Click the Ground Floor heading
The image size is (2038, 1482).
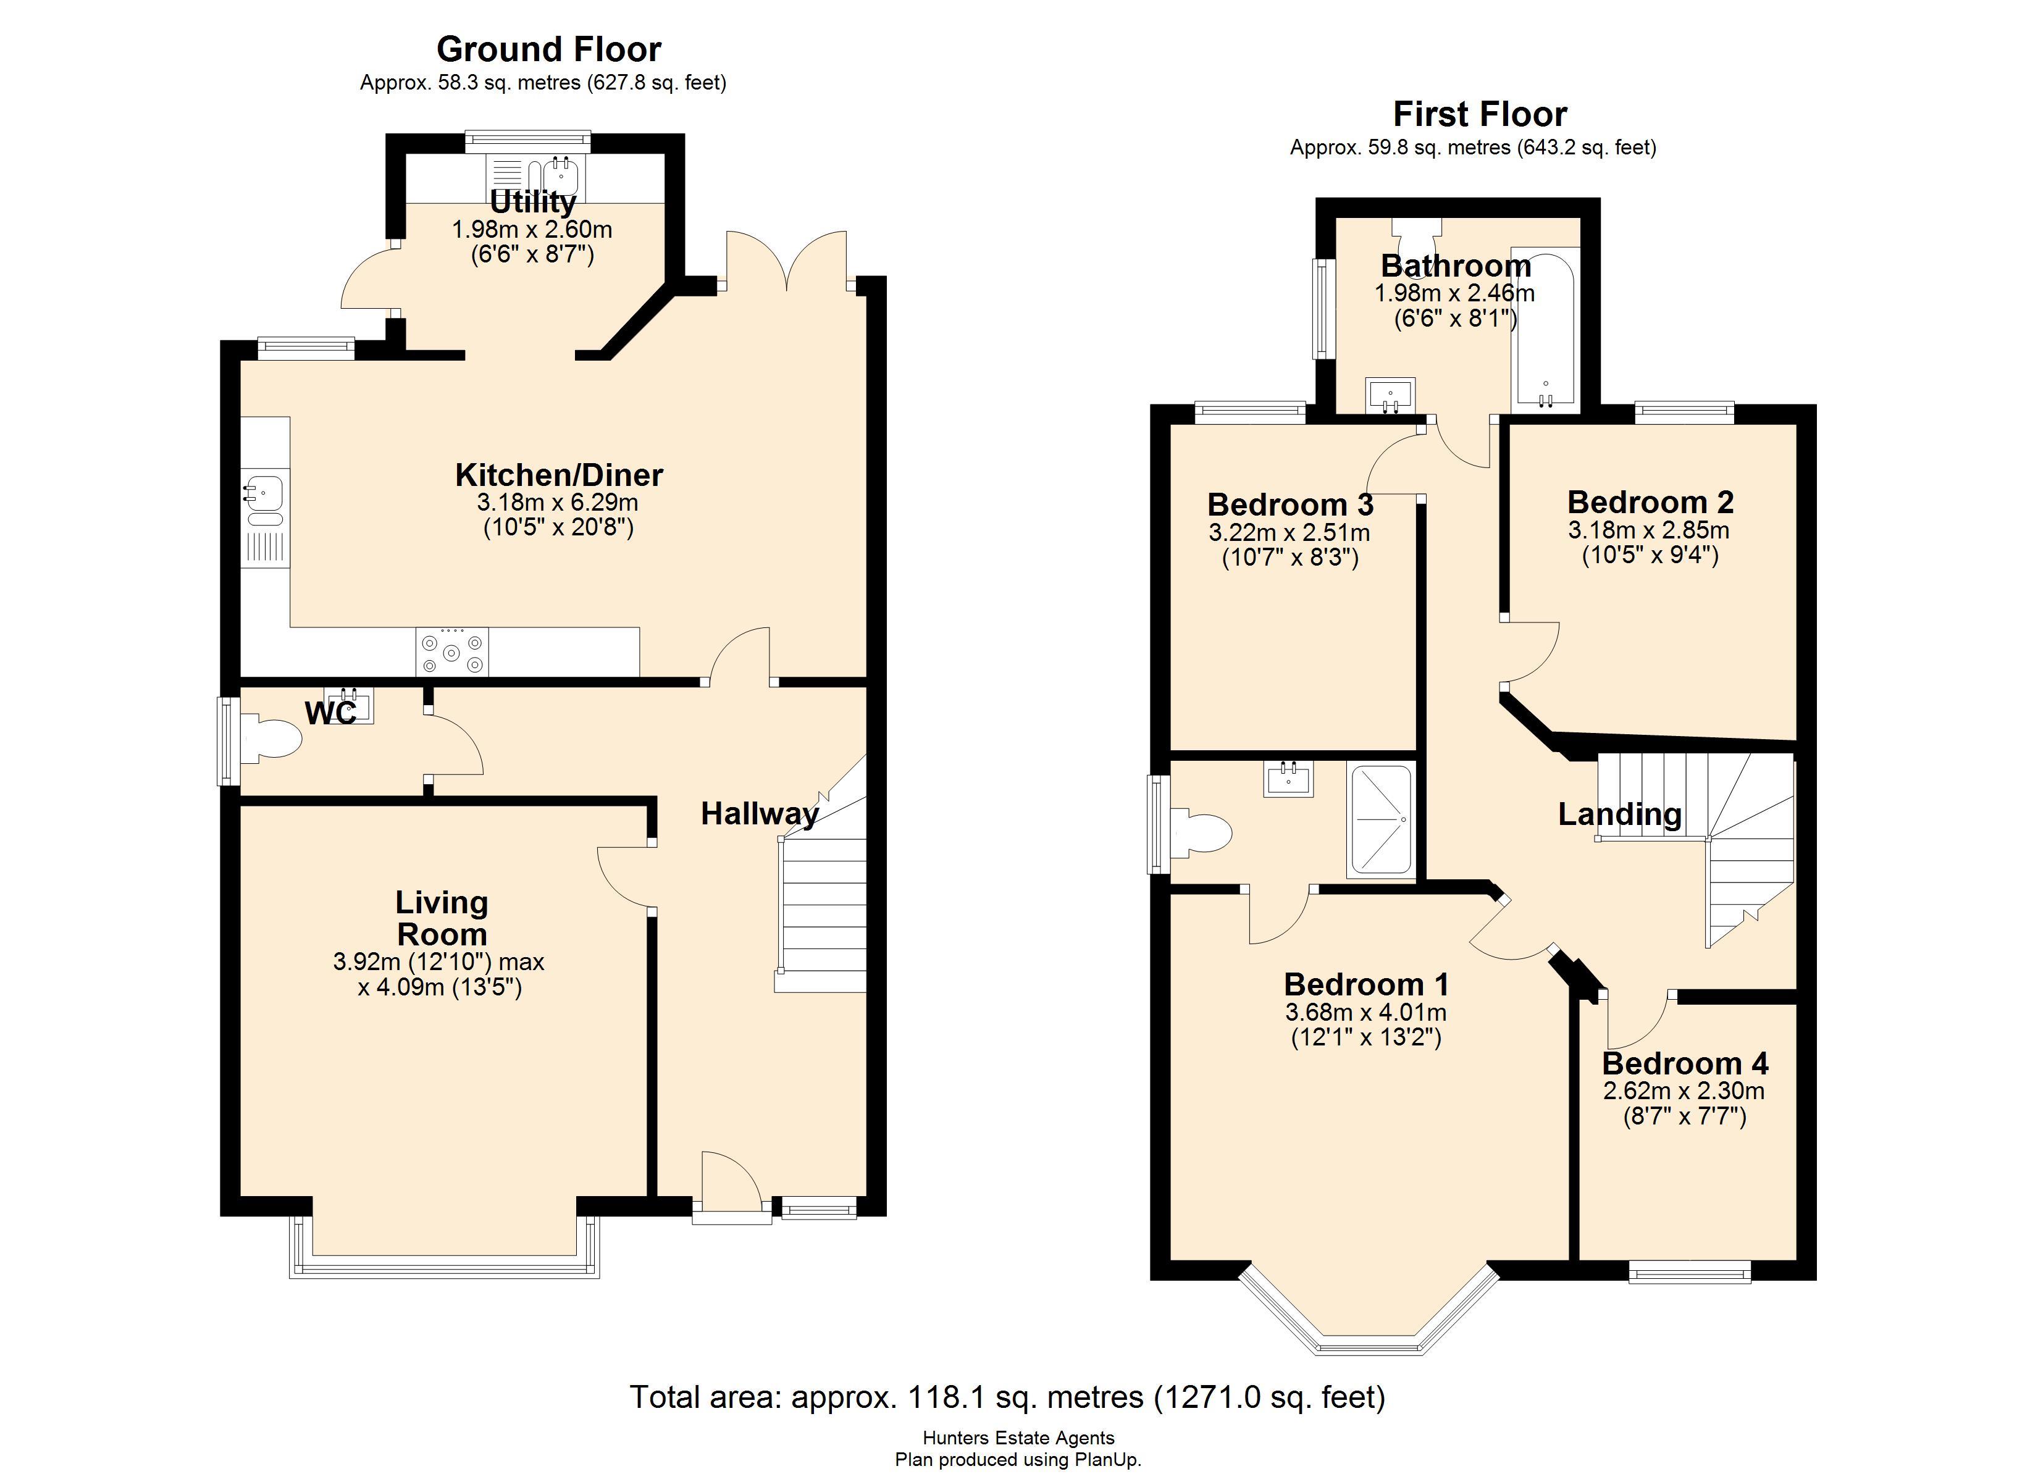pyautogui.click(x=549, y=49)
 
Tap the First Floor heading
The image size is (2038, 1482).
pyautogui.click(x=1480, y=114)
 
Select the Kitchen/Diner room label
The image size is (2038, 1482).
pyautogui.click(x=559, y=474)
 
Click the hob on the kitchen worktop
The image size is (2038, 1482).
pyautogui.click(x=452, y=651)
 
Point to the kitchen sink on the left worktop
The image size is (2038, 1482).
pyautogui.click(x=264, y=501)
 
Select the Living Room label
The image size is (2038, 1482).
pyautogui.click(x=441, y=918)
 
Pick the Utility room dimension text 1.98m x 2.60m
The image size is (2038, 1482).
pyautogui.click(x=532, y=230)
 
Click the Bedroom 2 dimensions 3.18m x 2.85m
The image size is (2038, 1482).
pyautogui.click(x=1649, y=530)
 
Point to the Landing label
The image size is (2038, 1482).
pyautogui.click(x=1619, y=814)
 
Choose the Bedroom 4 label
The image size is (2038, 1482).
pyautogui.click(x=1685, y=1064)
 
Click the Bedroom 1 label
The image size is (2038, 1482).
pyautogui.click(x=1366, y=985)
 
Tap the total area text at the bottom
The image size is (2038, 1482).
pyautogui.click(x=1007, y=1397)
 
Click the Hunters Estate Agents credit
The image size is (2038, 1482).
pyautogui.click(x=1018, y=1439)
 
